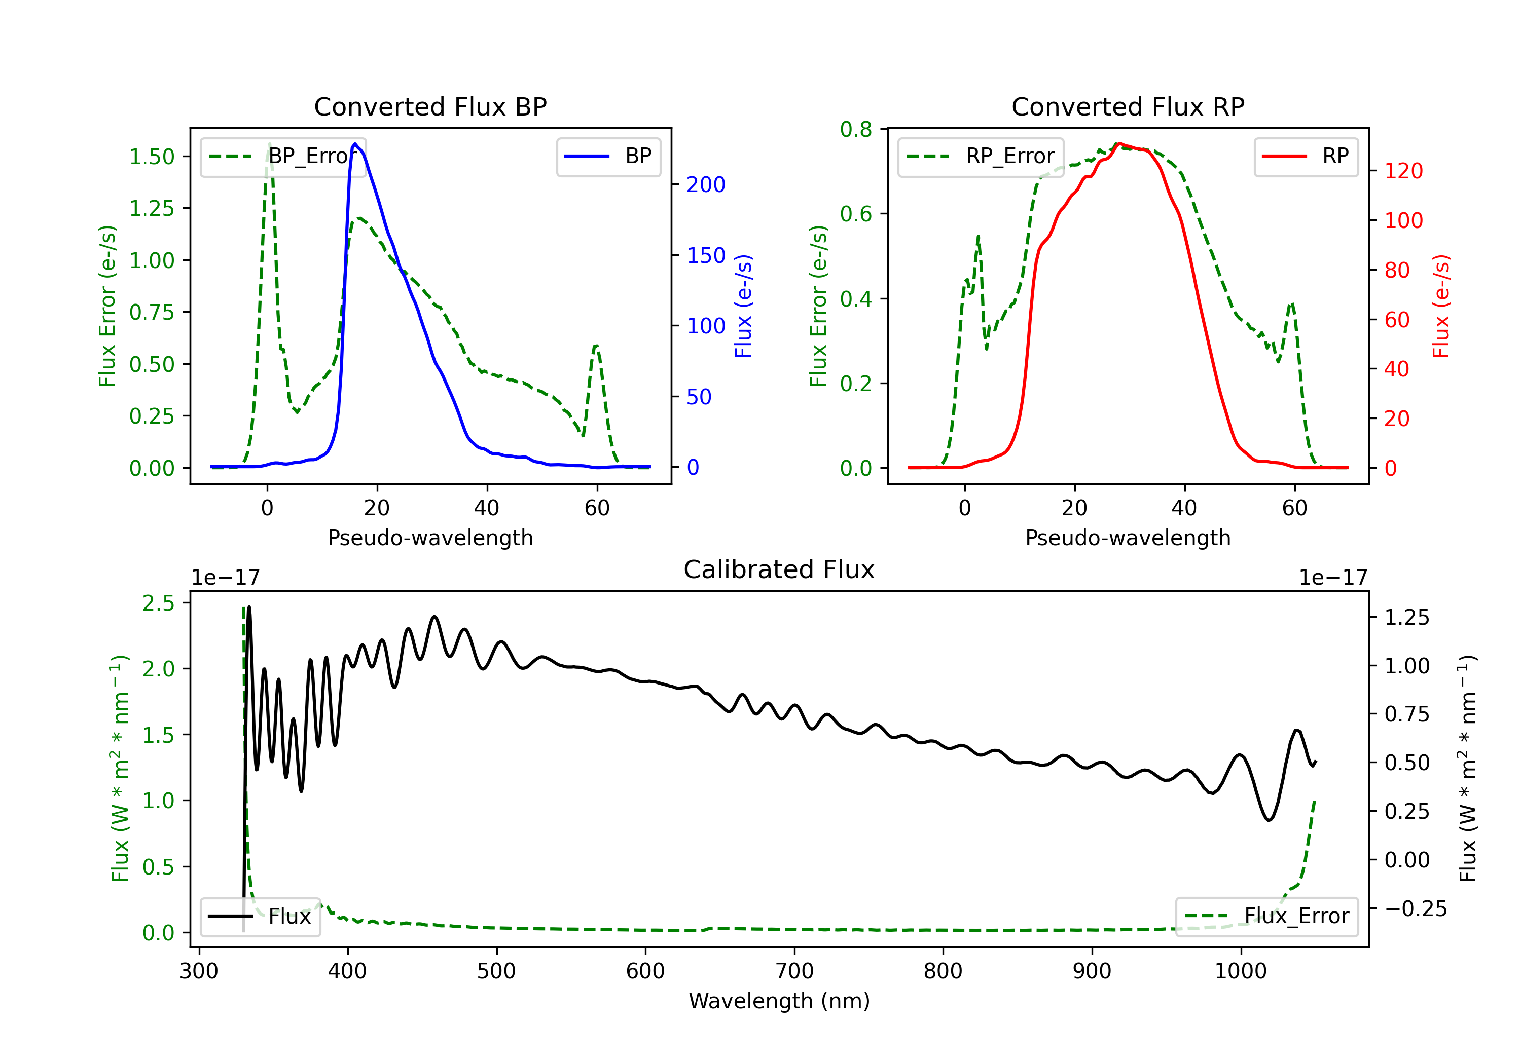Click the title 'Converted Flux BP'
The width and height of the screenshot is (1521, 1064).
coord(430,106)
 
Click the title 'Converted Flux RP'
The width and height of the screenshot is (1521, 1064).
coord(1128,106)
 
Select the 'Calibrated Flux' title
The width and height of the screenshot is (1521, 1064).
coord(779,569)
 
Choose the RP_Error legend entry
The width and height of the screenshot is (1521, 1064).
coord(981,156)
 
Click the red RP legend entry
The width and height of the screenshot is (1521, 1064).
coord(1306,156)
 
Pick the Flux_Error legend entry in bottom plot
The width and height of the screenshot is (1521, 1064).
coord(1266,917)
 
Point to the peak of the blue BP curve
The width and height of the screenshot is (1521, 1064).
coord(355,144)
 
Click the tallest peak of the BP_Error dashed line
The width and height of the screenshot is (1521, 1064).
coord(269,144)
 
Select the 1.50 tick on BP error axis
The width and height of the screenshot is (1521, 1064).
coord(152,157)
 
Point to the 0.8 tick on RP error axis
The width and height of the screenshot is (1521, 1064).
coord(856,129)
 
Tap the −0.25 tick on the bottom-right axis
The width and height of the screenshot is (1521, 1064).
coord(1416,908)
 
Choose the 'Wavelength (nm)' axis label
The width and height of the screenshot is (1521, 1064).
coord(779,1001)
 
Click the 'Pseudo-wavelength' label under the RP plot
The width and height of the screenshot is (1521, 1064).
coord(1128,538)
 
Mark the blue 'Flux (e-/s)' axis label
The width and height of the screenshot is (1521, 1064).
coord(743,307)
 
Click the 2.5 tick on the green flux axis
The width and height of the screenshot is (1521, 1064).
coord(158,603)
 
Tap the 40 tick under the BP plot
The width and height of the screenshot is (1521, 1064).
coord(487,508)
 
